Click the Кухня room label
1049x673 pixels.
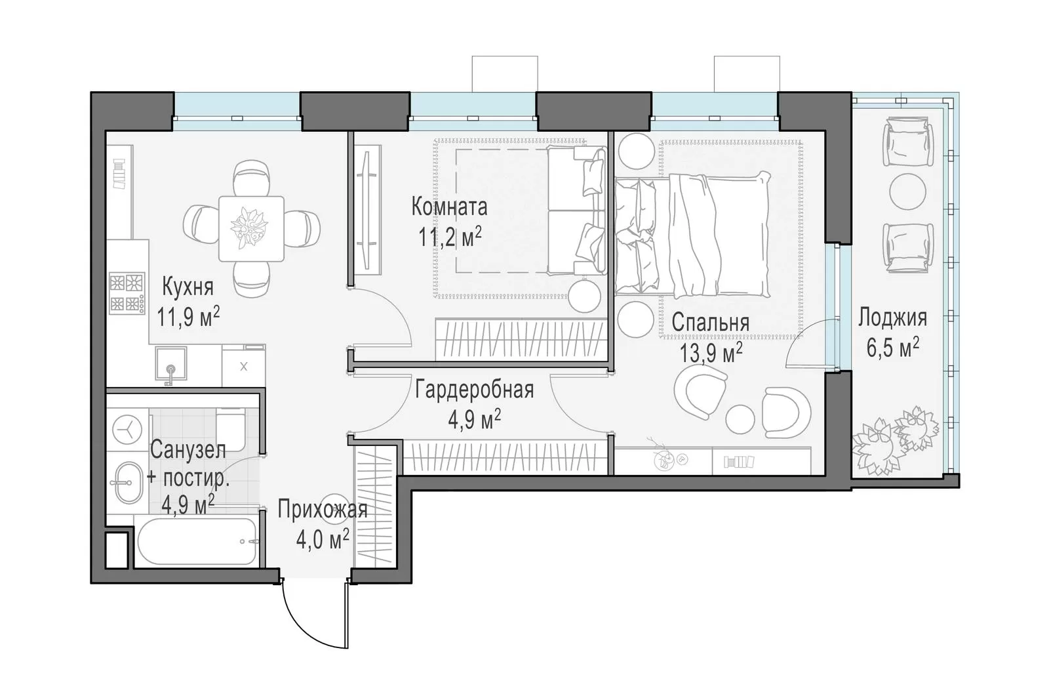tap(188, 287)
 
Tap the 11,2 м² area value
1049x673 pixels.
tap(450, 237)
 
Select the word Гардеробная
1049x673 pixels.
tap(475, 390)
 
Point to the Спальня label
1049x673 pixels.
tap(711, 323)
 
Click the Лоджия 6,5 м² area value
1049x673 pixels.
tap(892, 347)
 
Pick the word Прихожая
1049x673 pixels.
tap(323, 510)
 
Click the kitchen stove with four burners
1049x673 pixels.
tap(127, 293)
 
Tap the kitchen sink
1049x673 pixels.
tap(171, 363)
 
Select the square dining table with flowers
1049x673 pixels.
tap(252, 228)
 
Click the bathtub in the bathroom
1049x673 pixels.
tap(197, 541)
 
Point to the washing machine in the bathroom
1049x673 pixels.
tap(127, 430)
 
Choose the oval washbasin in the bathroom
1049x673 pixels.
tap(128, 483)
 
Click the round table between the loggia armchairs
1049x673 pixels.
tap(907, 192)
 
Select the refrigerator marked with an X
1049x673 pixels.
tap(243, 367)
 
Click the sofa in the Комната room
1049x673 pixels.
tap(577, 210)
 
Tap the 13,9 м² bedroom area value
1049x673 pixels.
tap(711, 353)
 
